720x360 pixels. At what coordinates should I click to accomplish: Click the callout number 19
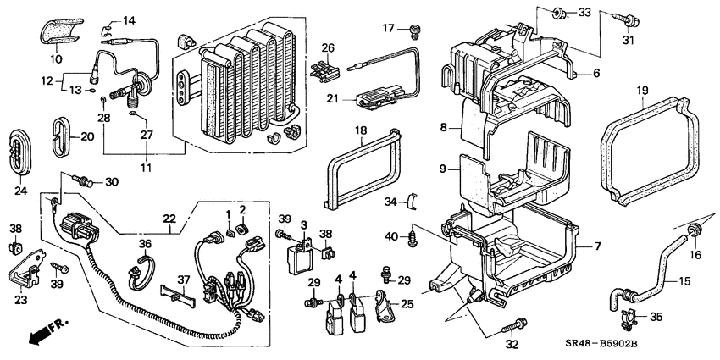(x=643, y=90)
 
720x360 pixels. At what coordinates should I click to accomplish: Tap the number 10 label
(x=58, y=58)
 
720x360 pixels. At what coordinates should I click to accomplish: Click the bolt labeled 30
(x=85, y=180)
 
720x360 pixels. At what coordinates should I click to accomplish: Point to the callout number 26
(x=328, y=47)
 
